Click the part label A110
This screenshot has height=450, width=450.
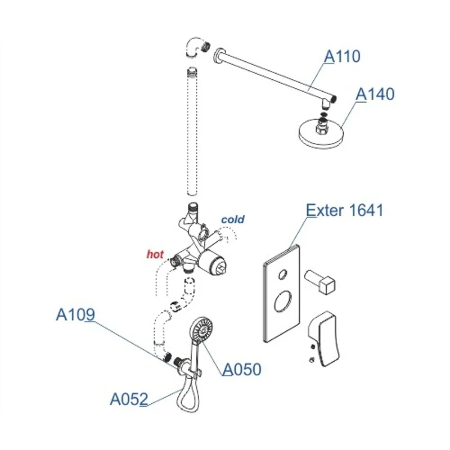(342, 56)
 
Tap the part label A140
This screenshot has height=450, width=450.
(376, 93)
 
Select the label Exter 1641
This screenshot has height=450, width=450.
(344, 211)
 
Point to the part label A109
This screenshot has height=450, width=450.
(75, 315)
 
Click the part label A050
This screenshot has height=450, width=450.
(242, 370)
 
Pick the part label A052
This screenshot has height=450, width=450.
(129, 399)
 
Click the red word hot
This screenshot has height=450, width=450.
(155, 254)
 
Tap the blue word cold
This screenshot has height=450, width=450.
(232, 219)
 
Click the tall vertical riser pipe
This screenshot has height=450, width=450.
(192, 135)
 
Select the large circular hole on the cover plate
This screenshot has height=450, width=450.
(282, 305)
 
